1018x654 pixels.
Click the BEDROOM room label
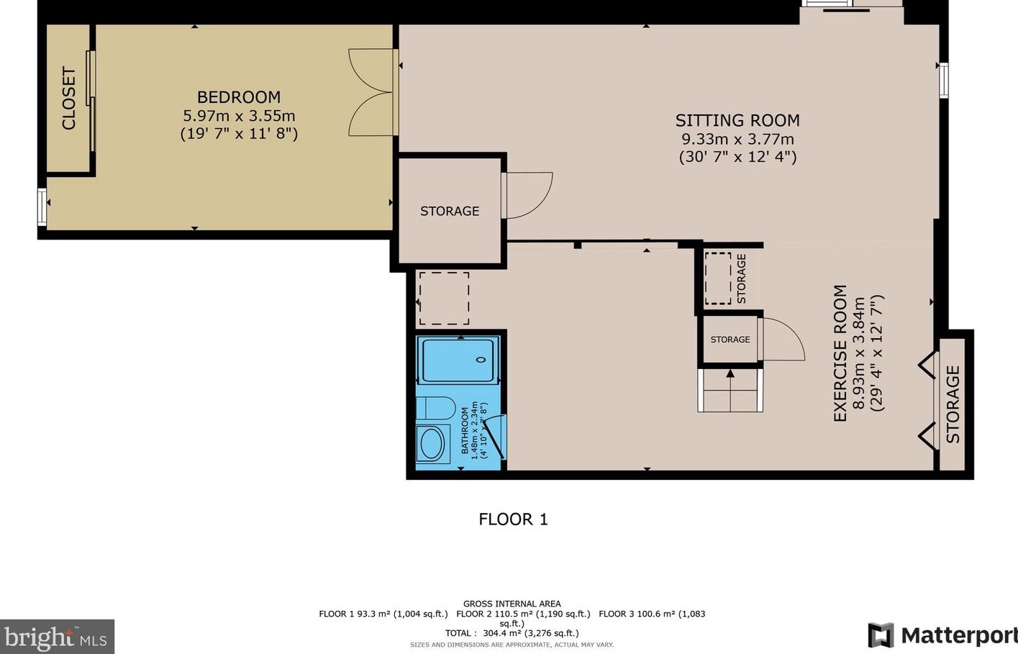(x=239, y=97)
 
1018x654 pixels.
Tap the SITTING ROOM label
(x=737, y=120)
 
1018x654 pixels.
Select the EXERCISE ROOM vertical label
(x=840, y=353)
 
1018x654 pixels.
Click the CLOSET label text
(x=69, y=99)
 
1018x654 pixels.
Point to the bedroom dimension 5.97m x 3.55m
(x=239, y=116)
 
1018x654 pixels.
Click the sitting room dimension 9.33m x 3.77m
(x=737, y=139)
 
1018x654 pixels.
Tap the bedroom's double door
(x=372, y=92)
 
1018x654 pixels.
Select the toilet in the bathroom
(x=435, y=408)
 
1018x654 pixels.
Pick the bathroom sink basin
(x=432, y=444)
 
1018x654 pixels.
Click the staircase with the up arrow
(x=730, y=391)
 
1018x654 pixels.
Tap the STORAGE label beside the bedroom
(x=450, y=211)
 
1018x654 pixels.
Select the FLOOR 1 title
(x=513, y=519)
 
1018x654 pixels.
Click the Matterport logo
(x=942, y=635)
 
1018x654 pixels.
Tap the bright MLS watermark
(x=56, y=637)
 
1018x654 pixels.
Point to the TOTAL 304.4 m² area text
(x=512, y=633)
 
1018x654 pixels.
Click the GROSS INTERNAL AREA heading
(x=512, y=604)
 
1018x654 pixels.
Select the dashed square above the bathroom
(x=444, y=298)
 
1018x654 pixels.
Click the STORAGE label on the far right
(x=953, y=404)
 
